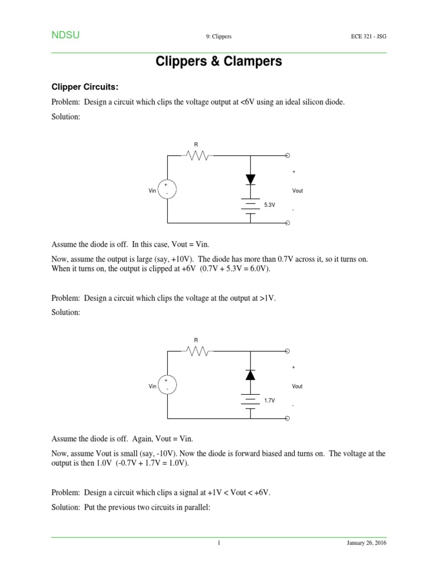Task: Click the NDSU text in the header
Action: (66, 35)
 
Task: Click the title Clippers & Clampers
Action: (219, 62)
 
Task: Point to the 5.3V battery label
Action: (269, 204)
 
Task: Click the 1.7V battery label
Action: (269, 400)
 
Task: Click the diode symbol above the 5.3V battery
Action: (250, 179)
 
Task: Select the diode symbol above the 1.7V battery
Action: (250, 375)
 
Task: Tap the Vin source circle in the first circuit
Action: (167, 190)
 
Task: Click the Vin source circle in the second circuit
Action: (167, 385)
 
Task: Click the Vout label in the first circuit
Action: (297, 191)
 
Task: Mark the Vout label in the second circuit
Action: (297, 386)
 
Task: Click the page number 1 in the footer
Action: (218, 543)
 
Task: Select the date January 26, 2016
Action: (367, 543)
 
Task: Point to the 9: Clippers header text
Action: (218, 37)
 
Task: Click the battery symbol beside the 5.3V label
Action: (250, 205)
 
